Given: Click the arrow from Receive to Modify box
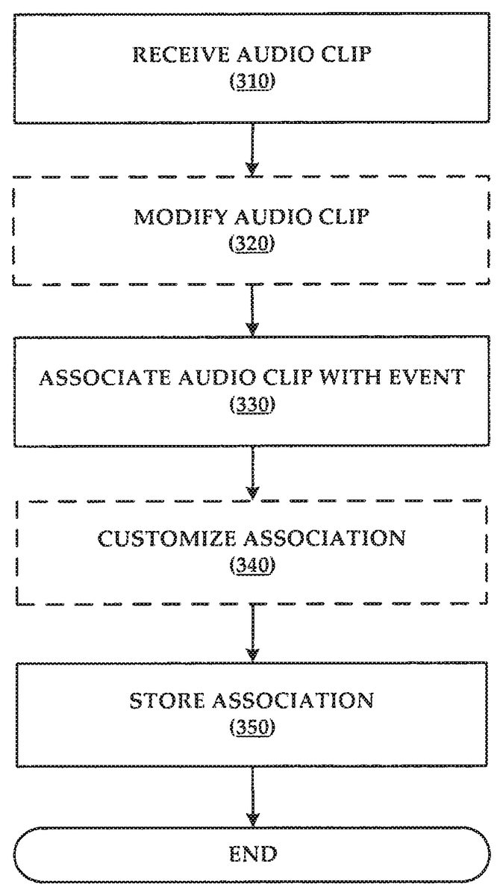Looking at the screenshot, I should tap(253, 149).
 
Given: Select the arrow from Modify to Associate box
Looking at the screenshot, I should tap(253, 311).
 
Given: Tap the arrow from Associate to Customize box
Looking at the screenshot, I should tap(253, 472).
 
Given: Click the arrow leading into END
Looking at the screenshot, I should tap(253, 794).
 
